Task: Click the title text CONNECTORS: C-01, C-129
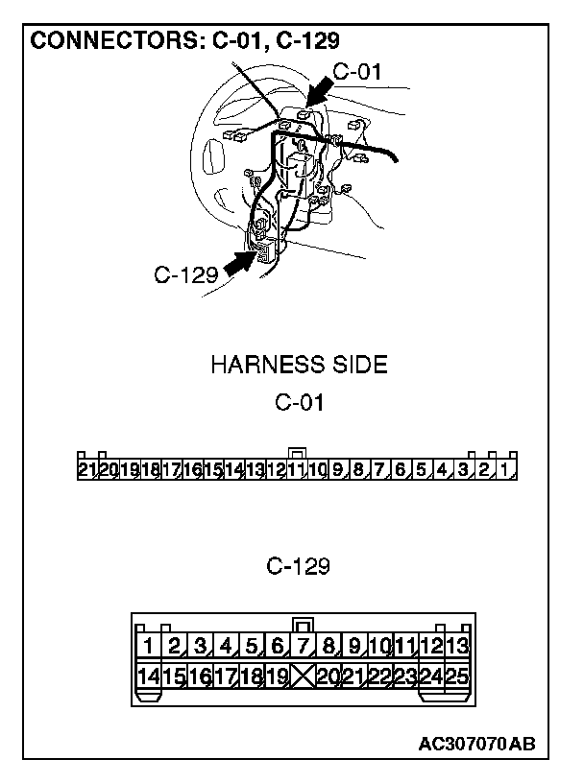click(185, 41)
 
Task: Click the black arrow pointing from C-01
click(321, 94)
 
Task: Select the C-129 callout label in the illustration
click(184, 275)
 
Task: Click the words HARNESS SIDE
click(299, 365)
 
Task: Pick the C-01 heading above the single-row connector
click(299, 403)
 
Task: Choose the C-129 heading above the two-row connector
click(299, 567)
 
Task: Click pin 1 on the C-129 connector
click(149, 645)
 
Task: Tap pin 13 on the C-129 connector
click(457, 645)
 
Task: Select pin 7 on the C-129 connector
click(303, 645)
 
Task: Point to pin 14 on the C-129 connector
click(149, 676)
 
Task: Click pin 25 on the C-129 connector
click(457, 676)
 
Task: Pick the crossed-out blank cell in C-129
click(303, 676)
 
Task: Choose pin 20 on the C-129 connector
click(328, 676)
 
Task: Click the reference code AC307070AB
click(476, 744)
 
